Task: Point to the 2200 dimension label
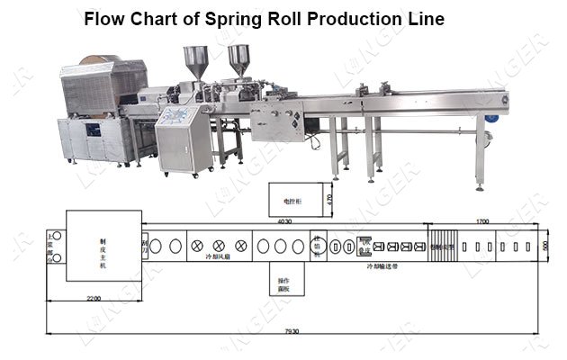[94, 298]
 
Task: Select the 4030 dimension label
[283, 220]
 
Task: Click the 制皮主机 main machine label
[103, 245]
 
